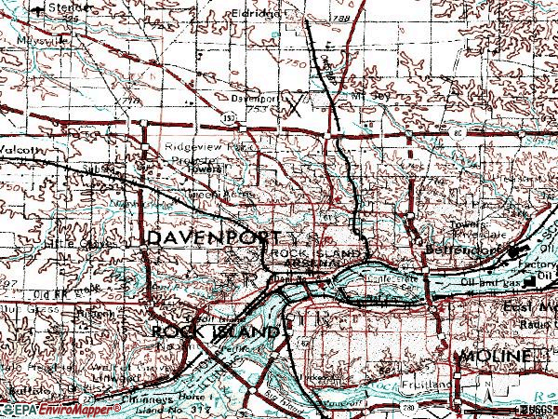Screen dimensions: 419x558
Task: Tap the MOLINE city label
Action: tap(493, 358)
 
